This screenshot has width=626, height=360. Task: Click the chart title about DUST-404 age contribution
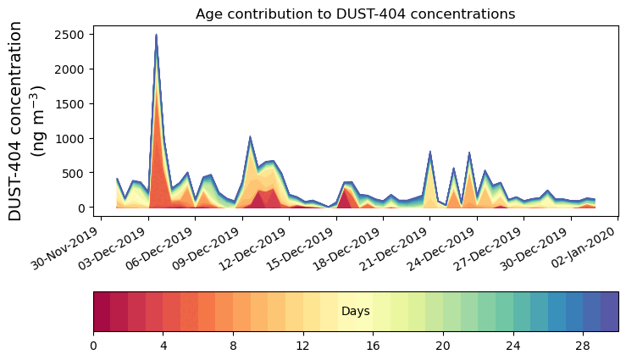click(355, 14)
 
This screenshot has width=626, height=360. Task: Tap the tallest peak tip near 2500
click(156, 35)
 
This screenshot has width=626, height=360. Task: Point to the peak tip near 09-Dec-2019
click(250, 136)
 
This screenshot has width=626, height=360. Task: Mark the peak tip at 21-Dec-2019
click(430, 152)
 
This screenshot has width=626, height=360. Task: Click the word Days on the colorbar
click(355, 312)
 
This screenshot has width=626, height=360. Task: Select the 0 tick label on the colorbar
click(93, 346)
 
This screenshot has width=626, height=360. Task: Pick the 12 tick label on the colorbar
click(302, 346)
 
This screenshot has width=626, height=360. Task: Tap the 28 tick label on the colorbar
click(582, 346)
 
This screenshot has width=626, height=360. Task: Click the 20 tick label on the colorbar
click(442, 346)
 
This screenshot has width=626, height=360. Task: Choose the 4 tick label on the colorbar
click(163, 346)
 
